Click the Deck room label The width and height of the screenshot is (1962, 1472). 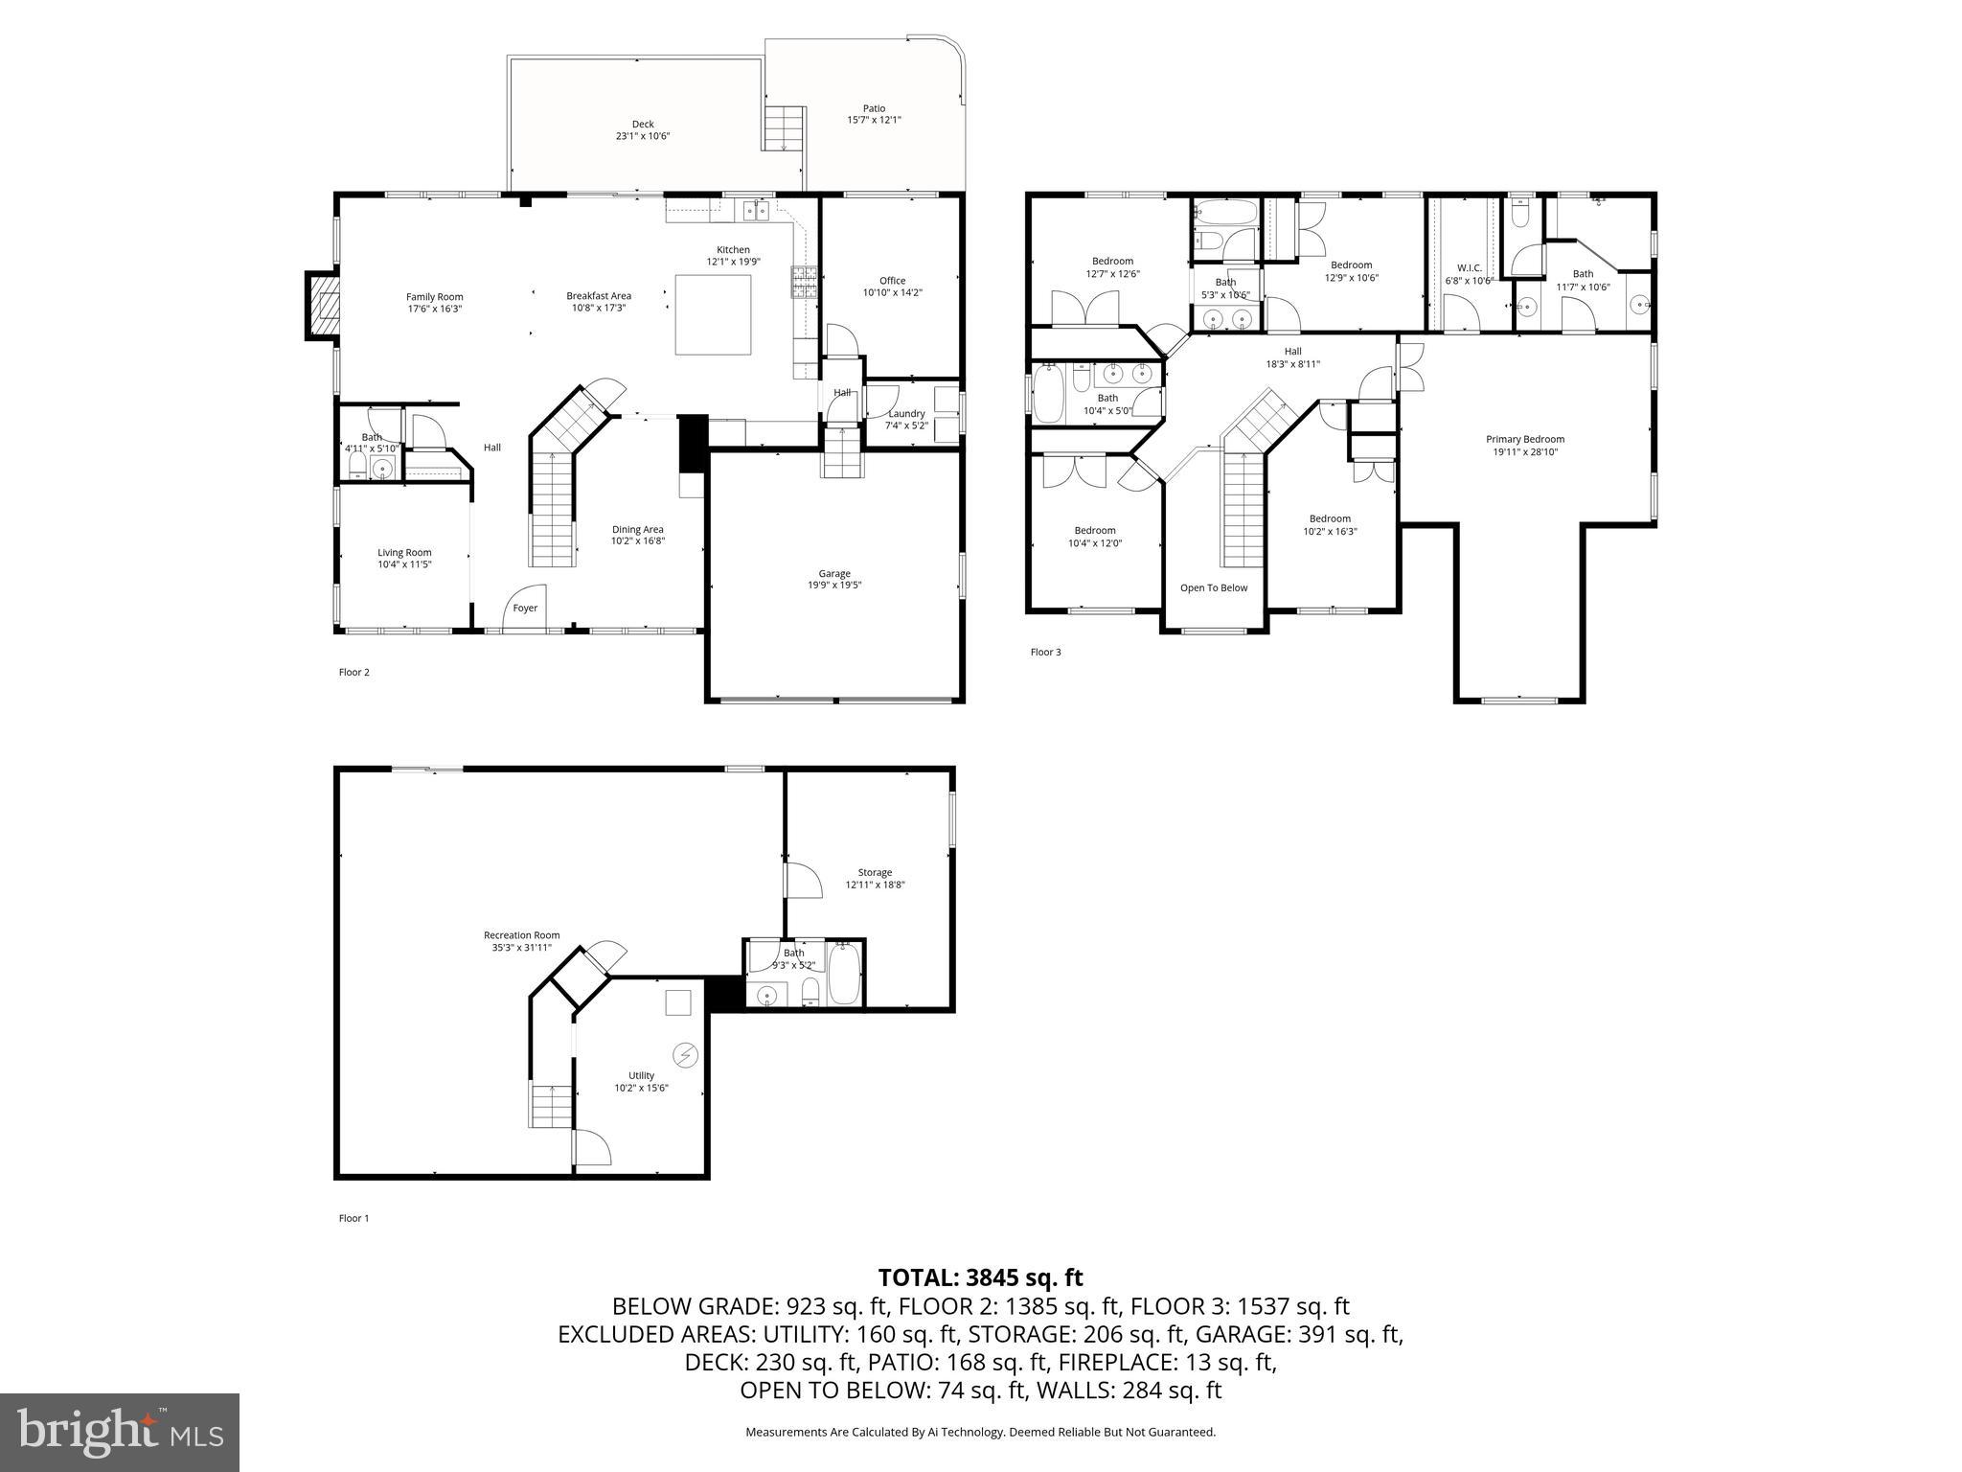642,124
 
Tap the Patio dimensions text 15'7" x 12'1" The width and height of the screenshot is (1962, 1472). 874,121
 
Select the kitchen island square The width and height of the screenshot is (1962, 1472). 713,314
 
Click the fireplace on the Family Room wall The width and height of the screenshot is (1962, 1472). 323,306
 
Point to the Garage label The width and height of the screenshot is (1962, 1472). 833,573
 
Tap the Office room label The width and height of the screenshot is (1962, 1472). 892,281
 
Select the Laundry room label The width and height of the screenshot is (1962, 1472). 905,414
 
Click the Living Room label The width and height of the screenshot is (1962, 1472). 404,552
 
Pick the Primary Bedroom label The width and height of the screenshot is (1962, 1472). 1524,439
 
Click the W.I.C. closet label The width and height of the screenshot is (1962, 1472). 1469,268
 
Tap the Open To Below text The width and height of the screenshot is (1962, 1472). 1213,587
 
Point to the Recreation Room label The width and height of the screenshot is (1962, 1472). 521,935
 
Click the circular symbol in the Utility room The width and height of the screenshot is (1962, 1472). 685,1055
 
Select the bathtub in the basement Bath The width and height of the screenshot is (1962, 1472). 844,975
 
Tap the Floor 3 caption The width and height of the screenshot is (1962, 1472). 1045,653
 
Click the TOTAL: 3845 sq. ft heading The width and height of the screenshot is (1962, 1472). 980,1277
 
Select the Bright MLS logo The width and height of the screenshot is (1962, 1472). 120,1433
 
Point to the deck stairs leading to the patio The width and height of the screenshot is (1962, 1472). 782,128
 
